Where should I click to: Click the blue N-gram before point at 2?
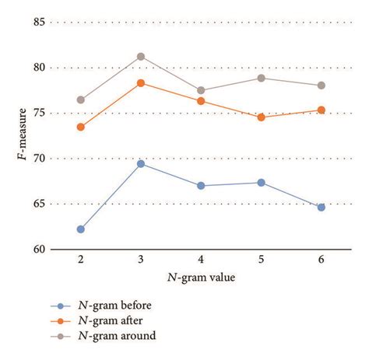(x=81, y=229)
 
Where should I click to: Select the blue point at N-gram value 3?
(x=141, y=163)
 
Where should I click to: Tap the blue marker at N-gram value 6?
(x=321, y=208)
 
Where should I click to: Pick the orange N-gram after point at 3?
(x=141, y=82)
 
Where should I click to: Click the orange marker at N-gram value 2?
(x=81, y=127)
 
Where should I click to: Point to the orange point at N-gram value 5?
(x=261, y=117)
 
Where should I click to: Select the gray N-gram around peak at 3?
(x=141, y=56)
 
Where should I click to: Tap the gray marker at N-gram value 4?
(x=201, y=90)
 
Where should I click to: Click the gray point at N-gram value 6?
(x=321, y=86)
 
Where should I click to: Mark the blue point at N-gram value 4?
(x=201, y=186)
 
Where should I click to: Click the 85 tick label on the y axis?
(x=37, y=23)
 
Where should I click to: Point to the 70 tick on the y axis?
(x=37, y=159)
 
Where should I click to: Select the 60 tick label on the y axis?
(x=37, y=250)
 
